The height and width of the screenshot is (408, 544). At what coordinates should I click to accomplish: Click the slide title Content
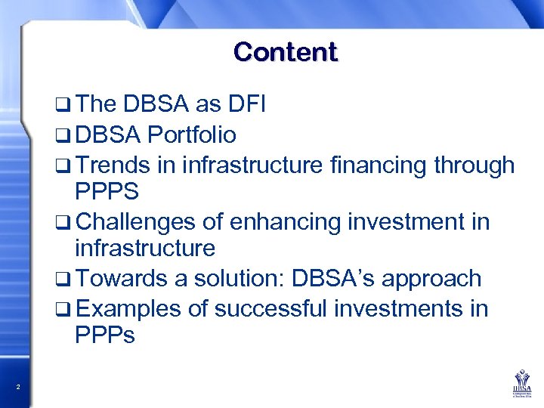point(286,52)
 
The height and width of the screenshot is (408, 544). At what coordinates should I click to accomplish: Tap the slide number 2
point(17,388)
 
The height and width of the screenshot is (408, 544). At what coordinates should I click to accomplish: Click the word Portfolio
point(192,135)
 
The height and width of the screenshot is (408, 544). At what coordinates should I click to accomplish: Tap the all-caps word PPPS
point(107,192)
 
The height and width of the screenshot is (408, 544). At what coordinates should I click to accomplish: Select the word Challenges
point(138,221)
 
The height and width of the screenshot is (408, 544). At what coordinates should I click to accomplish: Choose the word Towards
point(122,279)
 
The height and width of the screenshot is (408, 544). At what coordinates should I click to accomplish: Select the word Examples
point(128,308)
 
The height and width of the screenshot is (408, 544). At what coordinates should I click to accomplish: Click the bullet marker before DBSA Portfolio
point(63,137)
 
